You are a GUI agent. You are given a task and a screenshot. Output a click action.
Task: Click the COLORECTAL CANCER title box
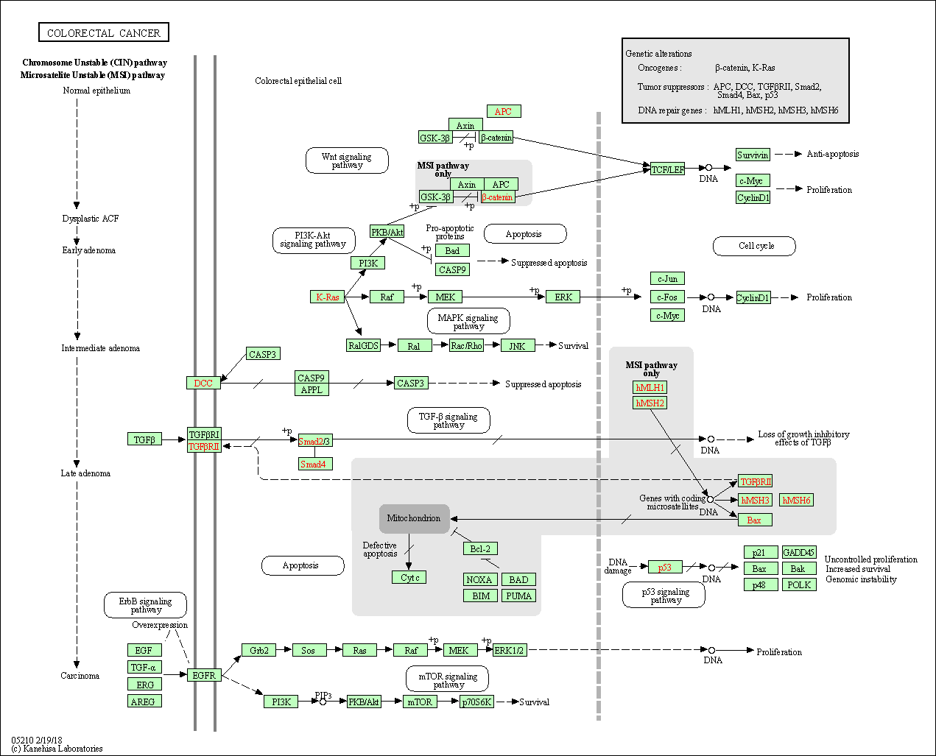(104, 32)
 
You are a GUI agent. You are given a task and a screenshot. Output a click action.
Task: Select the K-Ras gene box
(327, 297)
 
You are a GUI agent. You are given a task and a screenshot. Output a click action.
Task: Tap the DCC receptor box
(203, 383)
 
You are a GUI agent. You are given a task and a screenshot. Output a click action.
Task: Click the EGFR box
(204, 675)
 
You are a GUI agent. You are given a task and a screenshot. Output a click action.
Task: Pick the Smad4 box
(315, 464)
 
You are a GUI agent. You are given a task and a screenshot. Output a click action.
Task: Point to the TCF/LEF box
(667, 169)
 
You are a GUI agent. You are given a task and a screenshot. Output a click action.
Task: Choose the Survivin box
(753, 155)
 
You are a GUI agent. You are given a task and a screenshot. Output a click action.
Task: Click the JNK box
(518, 346)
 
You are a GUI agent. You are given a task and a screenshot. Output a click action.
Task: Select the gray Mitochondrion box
(414, 518)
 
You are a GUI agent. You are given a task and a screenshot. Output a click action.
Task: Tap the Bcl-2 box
(480, 548)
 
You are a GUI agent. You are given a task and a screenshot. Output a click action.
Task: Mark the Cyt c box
(409, 578)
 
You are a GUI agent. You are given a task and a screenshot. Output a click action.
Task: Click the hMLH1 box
(650, 387)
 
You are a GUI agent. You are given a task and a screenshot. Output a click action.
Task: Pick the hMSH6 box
(796, 501)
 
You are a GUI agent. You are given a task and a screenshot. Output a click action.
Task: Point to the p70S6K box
(476, 702)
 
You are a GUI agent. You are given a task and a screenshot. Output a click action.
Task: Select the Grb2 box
(258, 651)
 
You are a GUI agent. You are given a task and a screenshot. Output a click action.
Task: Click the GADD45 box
(798, 553)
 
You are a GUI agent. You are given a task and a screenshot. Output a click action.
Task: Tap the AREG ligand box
(144, 702)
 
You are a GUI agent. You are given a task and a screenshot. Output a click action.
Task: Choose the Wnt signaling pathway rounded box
(347, 160)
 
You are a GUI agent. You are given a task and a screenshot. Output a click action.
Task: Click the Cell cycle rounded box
(755, 246)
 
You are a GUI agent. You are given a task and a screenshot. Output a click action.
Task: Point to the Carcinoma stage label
(80, 676)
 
